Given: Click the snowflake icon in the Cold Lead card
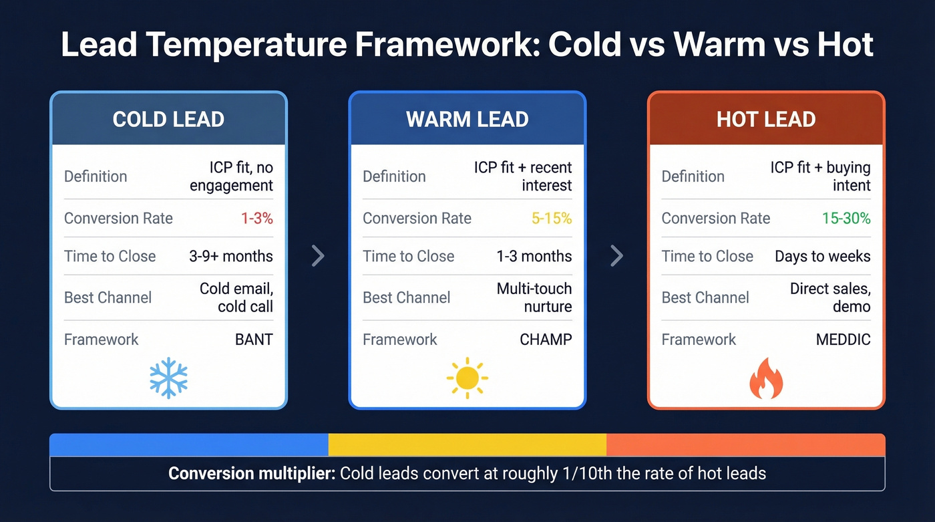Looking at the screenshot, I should coord(168,378).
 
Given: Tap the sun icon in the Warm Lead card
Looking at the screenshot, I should coord(467,378).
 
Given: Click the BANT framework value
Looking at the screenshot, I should coord(254,340).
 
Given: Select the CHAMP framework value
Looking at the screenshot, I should coord(546,340).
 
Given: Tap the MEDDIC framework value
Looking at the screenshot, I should coord(843,340).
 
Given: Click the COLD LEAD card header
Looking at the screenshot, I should coord(168,120).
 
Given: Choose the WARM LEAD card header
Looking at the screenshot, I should coord(467,120).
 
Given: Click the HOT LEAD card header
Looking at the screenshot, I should coord(766,120).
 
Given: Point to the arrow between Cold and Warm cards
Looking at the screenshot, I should coord(319,255).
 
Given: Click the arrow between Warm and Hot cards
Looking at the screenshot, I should coord(617,255).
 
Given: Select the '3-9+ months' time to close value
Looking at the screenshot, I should coord(231,257).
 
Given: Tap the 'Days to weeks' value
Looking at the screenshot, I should coord(822,257).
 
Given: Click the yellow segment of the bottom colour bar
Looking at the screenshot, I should coord(467,444).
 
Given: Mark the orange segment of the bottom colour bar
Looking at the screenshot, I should coord(745,444).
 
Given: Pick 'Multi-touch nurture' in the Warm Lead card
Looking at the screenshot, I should coord(534,297).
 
